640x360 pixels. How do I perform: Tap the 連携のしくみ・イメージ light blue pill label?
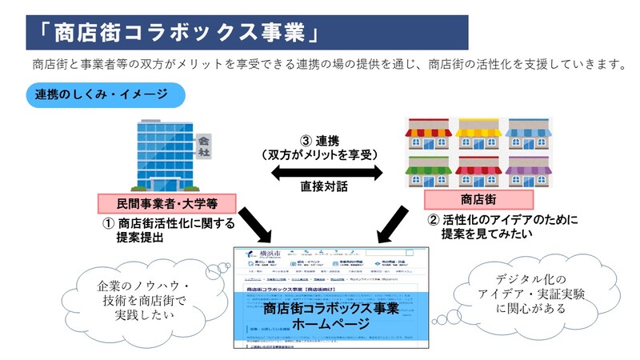(101, 94)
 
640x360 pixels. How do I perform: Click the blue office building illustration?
(160, 156)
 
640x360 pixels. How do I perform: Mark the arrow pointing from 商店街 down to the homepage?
(394, 224)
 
